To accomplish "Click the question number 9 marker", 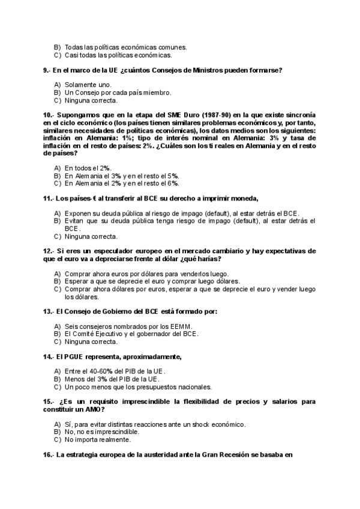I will (47, 70).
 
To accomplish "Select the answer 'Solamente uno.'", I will (88, 85).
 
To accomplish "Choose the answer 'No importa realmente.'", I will (98, 439).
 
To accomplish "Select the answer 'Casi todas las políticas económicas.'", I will (118, 55).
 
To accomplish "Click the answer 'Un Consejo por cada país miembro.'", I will (118, 93).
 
